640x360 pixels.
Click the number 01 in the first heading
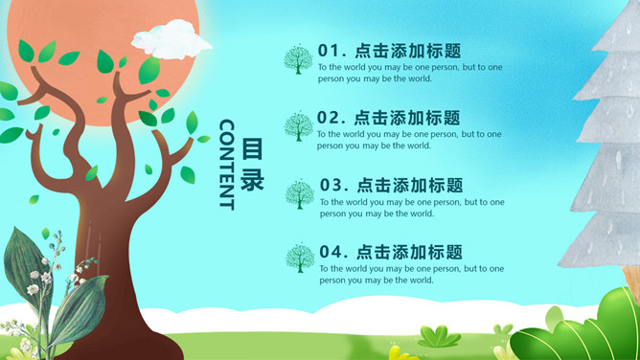pos(330,51)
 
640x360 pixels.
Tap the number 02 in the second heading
pos(330,118)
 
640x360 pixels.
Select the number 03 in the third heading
pos(331,185)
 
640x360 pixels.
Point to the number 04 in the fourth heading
pos(331,252)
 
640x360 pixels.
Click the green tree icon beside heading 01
pos(298,60)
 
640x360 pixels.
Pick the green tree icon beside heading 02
pos(299,127)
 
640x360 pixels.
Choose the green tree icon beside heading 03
pos(300,194)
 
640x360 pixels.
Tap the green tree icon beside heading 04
pos(300,259)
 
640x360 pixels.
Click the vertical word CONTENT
pos(226,164)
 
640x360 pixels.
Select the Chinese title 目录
pos(252,165)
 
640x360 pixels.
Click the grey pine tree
pos(608,153)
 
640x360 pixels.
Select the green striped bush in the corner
pos(575,330)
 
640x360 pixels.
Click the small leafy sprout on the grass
pos(438,336)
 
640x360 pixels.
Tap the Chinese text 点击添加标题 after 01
pos(407,51)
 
